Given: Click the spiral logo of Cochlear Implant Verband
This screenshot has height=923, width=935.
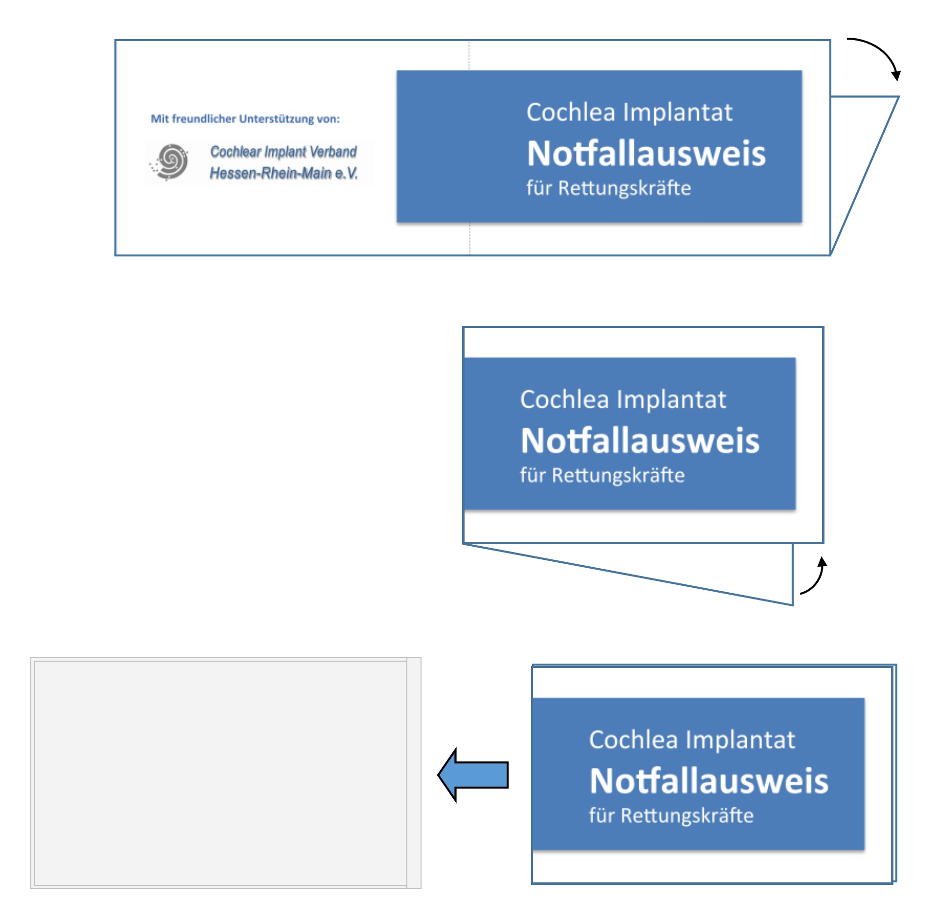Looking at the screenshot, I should click(x=170, y=162).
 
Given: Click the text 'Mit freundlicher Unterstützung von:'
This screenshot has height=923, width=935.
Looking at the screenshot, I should click(x=245, y=119).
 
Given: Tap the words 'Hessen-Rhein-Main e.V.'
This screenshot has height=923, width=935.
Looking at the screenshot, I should click(x=284, y=173).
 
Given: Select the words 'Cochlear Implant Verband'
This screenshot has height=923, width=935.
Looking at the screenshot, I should click(x=284, y=152).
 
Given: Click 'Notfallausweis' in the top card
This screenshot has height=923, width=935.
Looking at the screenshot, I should click(x=646, y=154).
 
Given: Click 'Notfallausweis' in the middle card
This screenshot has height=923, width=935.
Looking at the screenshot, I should click(x=640, y=441).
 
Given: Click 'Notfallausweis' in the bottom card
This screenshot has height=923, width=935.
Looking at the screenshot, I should click(x=709, y=781).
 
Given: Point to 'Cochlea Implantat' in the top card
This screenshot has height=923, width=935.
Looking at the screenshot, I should click(x=629, y=113).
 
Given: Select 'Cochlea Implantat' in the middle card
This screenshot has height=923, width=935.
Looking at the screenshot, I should click(x=623, y=400).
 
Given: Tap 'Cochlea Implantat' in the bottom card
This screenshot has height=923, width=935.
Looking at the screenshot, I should click(x=692, y=740).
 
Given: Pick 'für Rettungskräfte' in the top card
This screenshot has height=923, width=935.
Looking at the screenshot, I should click(x=608, y=188).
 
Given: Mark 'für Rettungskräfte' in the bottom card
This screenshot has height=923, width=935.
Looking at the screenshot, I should click(x=671, y=816).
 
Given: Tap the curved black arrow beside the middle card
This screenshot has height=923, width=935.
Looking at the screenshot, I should click(x=816, y=577).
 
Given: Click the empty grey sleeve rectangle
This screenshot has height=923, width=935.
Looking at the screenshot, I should click(x=220, y=773).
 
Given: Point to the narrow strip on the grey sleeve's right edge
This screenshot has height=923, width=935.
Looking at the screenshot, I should click(x=414, y=773).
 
